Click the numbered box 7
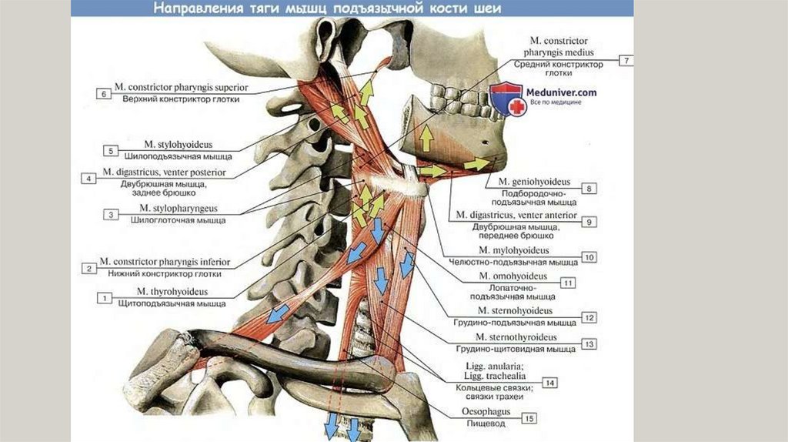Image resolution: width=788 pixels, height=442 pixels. tap(626, 60)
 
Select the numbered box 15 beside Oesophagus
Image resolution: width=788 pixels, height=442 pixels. tap(529, 418)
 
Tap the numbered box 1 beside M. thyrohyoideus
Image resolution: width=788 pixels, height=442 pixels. tap(103, 296)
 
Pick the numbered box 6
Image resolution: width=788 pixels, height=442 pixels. tap(103, 93)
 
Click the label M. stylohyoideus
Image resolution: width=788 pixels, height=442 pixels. tap(178, 144)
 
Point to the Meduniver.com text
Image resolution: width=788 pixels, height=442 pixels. tap(561, 92)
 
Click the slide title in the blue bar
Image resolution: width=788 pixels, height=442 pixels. tap(326, 9)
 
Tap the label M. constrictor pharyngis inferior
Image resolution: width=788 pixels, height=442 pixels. tap(165, 263)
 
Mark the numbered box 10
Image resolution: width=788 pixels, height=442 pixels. tap(589, 257)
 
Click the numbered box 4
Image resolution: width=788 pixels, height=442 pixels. tap(89, 178)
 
